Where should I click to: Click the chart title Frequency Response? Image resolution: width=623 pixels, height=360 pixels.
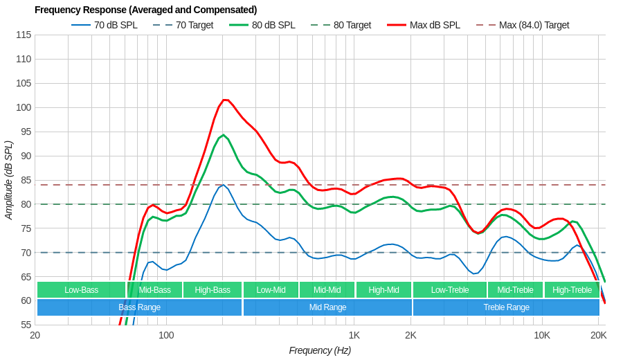coord(145,10)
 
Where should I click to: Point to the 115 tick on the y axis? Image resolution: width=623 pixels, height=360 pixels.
coord(24,35)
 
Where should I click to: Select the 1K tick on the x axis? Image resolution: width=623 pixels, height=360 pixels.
coord(354,336)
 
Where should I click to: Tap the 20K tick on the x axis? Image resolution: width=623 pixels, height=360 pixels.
coord(598,336)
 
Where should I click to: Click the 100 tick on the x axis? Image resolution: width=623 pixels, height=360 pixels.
coord(166,336)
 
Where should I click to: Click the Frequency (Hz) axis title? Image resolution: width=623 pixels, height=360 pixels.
coord(320,350)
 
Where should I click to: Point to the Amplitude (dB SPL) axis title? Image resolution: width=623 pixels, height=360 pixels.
coord(9,180)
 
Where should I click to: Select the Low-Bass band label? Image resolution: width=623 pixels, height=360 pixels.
coord(81,290)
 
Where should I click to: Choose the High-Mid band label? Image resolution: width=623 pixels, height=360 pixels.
coord(383,290)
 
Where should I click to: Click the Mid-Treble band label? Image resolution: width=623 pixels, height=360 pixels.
coord(515,290)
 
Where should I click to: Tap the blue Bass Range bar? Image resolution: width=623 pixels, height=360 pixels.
coord(139,307)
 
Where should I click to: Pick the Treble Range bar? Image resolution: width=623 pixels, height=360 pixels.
coord(506,307)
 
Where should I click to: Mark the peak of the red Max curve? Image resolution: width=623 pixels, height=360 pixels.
coord(225,100)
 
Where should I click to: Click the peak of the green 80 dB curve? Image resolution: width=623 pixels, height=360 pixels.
coord(223,135)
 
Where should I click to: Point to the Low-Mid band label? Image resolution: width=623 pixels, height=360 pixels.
coord(271,290)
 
